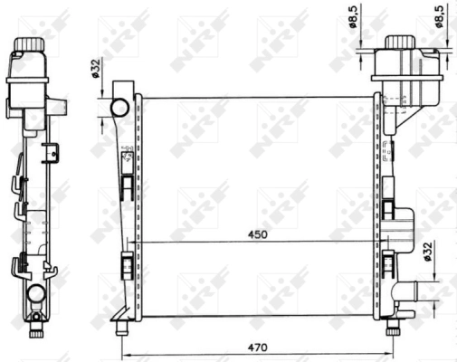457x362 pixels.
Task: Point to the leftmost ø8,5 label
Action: [366, 18]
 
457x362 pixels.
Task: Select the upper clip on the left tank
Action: [128, 186]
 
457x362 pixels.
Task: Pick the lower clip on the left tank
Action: [128, 266]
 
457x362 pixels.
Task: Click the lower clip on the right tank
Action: [388, 264]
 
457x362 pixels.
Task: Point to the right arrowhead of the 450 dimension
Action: [373, 242]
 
